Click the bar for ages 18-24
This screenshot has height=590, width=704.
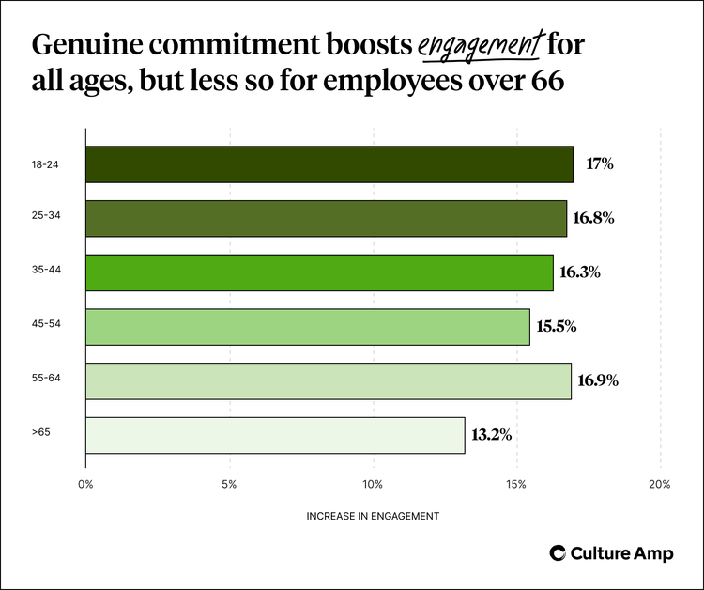pyautogui.click(x=329, y=164)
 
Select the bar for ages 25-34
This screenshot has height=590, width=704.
pyautogui.click(x=326, y=219)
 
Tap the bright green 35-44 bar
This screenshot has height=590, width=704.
pyautogui.click(x=319, y=272)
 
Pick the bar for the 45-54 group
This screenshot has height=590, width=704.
pyautogui.click(x=307, y=327)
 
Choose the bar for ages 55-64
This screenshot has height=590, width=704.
pyautogui.click(x=328, y=380)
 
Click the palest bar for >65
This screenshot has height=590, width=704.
pyautogui.click(x=275, y=435)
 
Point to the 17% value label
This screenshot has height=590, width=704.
pyautogui.click(x=599, y=164)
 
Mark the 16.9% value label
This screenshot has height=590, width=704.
pyautogui.click(x=599, y=380)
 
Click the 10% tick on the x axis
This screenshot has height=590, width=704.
pyautogui.click(x=373, y=484)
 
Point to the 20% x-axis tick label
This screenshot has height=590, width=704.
pyautogui.click(x=659, y=484)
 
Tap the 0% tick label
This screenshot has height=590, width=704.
pyautogui.click(x=85, y=484)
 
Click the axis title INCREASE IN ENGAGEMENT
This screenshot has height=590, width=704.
pyautogui.click(x=373, y=517)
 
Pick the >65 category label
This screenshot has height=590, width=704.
pyautogui.click(x=39, y=435)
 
